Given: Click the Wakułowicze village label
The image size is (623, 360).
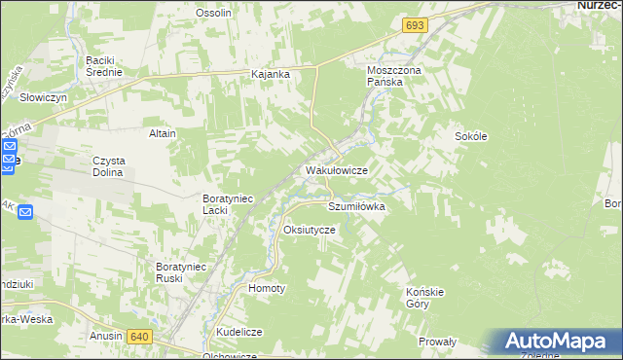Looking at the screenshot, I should pos(336,170).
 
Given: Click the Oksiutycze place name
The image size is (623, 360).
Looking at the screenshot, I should pos(309,230).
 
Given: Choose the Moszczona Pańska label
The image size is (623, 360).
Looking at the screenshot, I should pos(391,77).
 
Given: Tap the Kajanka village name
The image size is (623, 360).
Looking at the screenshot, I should pos(272,74).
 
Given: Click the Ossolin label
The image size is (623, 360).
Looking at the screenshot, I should pos(213,13).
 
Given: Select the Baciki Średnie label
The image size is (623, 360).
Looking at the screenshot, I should pos(103,65).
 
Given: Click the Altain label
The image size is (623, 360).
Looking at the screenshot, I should pos(162,133).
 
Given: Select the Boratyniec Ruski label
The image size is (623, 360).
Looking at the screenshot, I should pos(183,271).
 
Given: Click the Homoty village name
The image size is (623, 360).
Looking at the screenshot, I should pos(267,289).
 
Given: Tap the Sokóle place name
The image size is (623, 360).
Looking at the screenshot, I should pos(470,137).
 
